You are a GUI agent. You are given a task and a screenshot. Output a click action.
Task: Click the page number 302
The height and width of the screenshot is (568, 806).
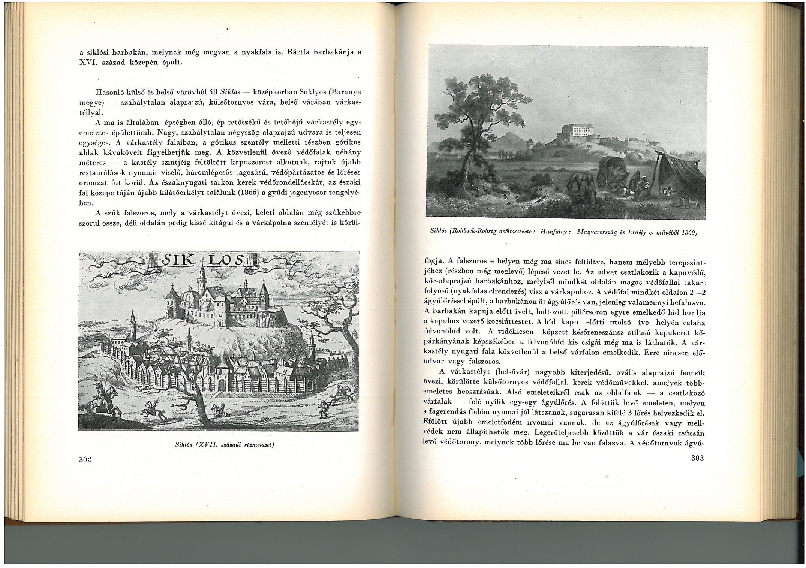[85, 460]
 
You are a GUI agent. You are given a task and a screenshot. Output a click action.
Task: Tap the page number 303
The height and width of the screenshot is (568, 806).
[697, 458]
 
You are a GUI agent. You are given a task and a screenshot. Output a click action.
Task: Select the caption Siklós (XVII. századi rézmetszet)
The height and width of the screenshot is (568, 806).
[225, 445]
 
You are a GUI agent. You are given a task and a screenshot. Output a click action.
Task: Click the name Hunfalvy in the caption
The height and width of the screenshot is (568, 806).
[556, 232]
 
